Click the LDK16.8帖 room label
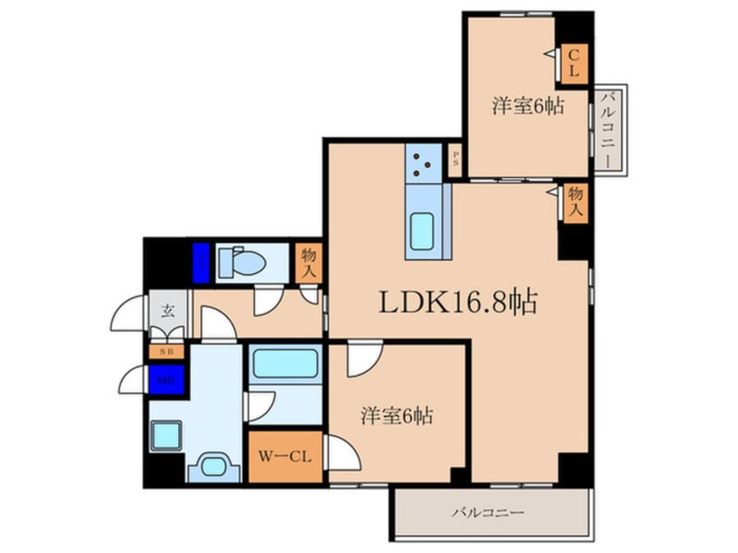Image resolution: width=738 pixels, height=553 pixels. (457, 302)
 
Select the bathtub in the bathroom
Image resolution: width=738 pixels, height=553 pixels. (285, 363)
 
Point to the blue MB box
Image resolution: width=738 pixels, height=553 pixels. (167, 380)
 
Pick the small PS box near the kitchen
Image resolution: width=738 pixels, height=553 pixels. (454, 160)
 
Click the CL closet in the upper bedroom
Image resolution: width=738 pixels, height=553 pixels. (574, 64)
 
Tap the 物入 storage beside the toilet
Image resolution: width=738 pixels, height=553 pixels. (308, 263)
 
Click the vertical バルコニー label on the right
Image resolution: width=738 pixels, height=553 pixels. (610, 129)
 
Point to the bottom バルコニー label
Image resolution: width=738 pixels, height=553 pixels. (487, 512)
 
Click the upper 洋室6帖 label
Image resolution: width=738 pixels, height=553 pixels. (527, 106)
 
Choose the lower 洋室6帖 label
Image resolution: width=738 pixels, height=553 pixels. (397, 416)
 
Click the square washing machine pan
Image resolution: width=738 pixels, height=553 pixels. (165, 434)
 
